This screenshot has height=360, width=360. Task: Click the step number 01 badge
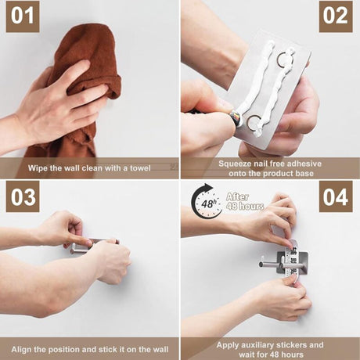(x=23, y=16)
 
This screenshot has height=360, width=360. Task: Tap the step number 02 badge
(x=336, y=16)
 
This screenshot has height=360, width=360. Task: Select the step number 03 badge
(x=23, y=196)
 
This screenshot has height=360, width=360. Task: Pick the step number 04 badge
(x=336, y=196)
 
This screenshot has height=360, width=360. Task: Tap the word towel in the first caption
(x=140, y=167)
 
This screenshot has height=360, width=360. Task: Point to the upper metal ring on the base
(x=284, y=58)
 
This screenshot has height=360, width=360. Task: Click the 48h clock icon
(x=207, y=201)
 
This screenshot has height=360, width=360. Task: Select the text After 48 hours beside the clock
(x=245, y=201)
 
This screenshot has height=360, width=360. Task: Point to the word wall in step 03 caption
(x=159, y=349)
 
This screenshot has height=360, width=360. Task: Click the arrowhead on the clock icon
(x=208, y=187)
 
